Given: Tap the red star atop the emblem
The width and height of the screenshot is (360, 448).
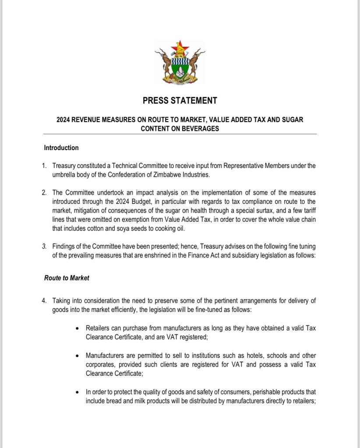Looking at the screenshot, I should (180, 45).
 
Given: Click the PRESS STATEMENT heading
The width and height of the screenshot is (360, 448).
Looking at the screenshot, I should (180, 101).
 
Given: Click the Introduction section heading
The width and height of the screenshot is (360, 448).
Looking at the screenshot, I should (61, 148).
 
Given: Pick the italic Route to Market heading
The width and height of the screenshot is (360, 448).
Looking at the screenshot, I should (66, 278).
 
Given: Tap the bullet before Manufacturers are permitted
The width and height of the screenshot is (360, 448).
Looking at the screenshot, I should (78, 356).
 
